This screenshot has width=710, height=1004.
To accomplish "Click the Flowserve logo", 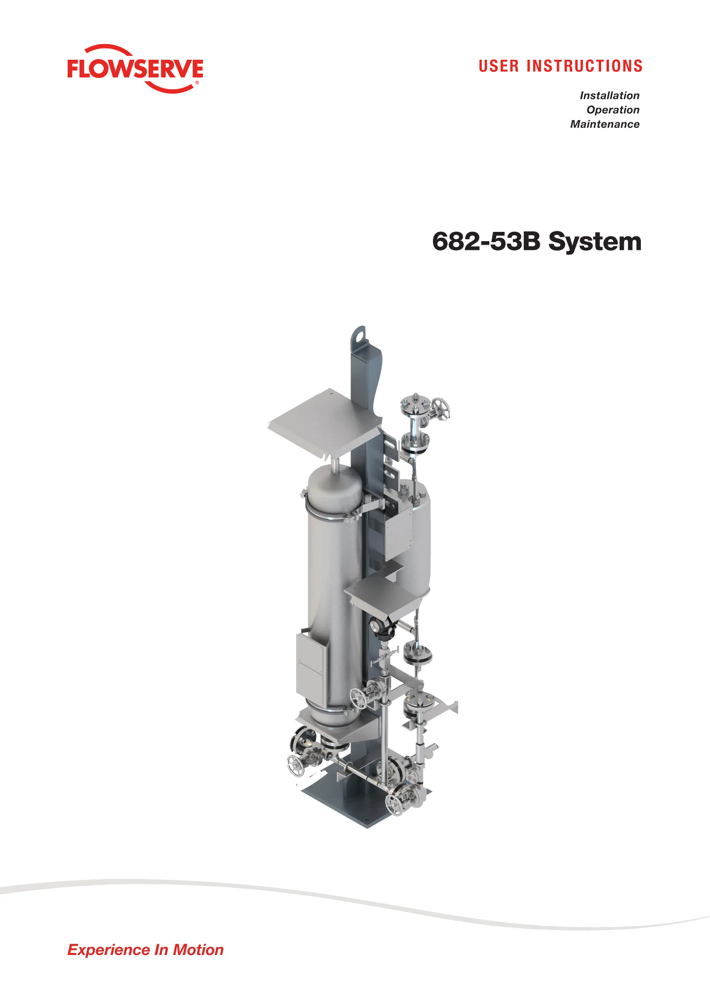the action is (x=135, y=69).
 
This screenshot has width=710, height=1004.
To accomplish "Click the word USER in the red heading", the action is (x=499, y=66).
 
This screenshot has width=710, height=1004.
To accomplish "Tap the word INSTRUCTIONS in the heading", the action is (x=584, y=66).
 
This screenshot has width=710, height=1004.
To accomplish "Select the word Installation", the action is (x=609, y=96).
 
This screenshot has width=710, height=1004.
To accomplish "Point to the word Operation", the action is (x=613, y=110).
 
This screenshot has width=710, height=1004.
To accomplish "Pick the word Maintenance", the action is (x=605, y=124).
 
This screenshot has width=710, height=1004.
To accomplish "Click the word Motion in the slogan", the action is (x=198, y=950).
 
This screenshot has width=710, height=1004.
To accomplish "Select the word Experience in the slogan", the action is (x=109, y=950).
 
